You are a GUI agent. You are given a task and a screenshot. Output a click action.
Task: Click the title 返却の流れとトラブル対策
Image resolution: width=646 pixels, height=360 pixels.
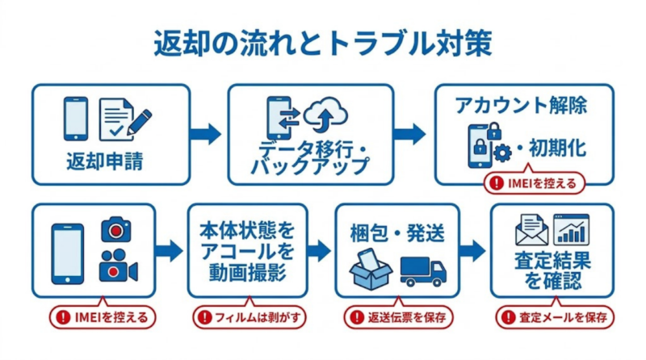(322, 44)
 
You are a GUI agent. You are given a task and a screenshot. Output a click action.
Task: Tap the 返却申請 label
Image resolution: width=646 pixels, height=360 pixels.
(105, 161)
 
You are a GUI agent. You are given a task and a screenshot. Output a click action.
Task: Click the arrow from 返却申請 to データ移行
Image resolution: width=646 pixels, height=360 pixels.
(208, 133)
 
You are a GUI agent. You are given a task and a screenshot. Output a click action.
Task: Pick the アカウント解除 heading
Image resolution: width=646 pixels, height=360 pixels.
(521, 106)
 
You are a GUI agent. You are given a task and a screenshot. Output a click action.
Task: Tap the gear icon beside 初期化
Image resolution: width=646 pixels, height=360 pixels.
(504, 151)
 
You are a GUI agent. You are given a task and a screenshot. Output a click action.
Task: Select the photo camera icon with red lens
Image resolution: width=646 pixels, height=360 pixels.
(116, 230)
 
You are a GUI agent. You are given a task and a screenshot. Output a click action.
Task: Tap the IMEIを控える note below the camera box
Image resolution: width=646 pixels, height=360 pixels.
(101, 316)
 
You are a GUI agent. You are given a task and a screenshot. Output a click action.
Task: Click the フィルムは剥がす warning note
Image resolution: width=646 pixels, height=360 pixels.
(249, 316)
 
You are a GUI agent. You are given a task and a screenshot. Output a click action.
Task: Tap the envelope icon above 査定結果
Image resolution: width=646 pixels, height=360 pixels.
(532, 231)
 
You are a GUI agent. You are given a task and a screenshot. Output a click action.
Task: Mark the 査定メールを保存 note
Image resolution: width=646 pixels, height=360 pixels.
(552, 316)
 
